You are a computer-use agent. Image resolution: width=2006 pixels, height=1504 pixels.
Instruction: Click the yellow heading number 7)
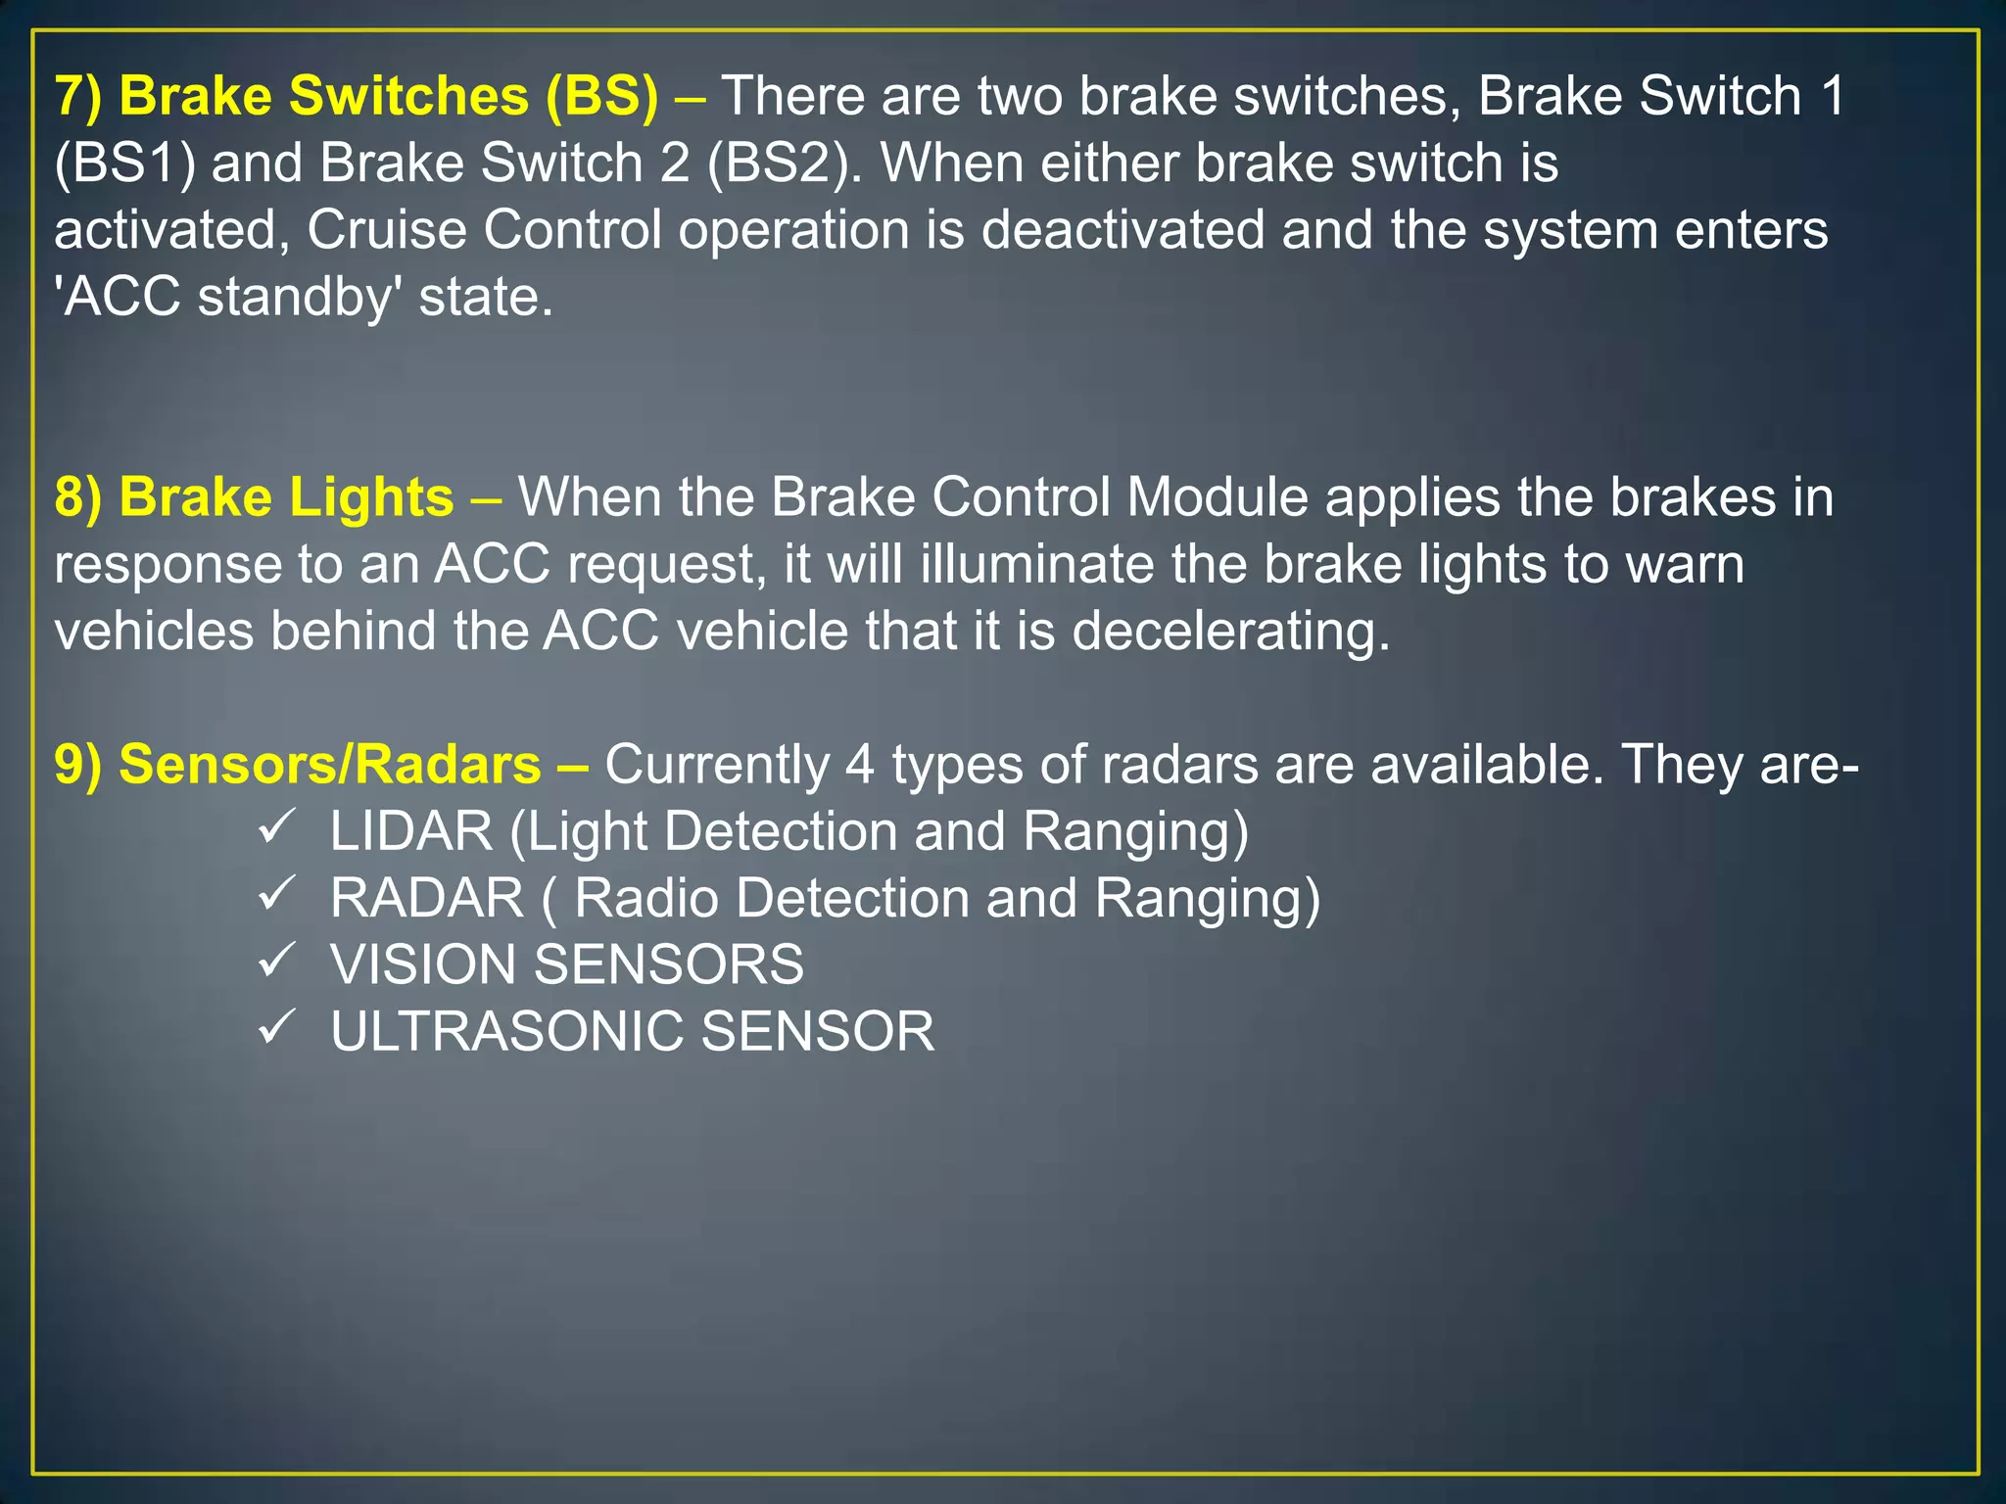pos(78,97)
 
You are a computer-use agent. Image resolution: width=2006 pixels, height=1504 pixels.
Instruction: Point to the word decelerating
pos(1230,631)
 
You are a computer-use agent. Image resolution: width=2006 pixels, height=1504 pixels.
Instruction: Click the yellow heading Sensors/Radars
pos(329,765)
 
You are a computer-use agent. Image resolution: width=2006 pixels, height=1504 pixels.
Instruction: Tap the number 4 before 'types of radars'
pos(859,765)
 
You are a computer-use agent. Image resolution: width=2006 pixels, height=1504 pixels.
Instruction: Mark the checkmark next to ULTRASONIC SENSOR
pos(276,1027)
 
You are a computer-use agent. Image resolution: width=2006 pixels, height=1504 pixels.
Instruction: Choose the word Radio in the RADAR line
pos(646,899)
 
